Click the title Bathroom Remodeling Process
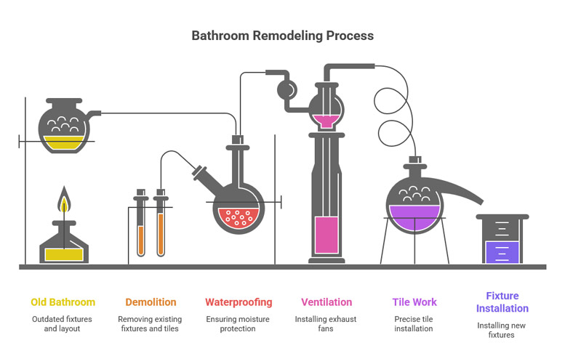click(x=282, y=36)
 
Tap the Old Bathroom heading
click(x=63, y=302)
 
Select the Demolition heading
click(x=151, y=302)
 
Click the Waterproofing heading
click(x=239, y=302)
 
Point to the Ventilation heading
click(x=326, y=302)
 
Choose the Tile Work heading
click(x=414, y=302)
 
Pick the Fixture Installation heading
click(x=502, y=302)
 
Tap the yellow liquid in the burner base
click(x=63, y=254)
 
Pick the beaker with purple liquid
click(x=502, y=243)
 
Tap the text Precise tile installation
click(x=414, y=323)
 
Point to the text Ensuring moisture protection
click(x=239, y=323)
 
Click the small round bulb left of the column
click(x=286, y=90)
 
